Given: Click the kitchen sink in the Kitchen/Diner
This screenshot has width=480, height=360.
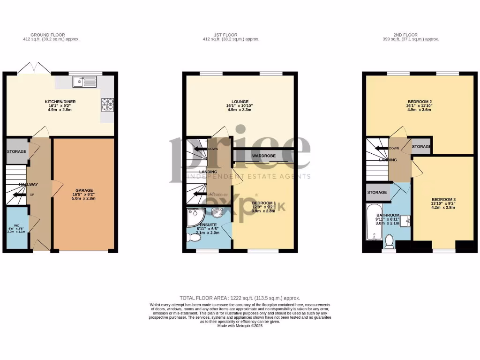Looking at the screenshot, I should [x=84, y=82].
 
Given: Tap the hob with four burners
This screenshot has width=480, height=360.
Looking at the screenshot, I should [x=106, y=104].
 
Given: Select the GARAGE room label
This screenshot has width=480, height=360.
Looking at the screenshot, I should [x=82, y=190].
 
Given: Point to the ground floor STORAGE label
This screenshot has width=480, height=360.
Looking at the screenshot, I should [x=16, y=152].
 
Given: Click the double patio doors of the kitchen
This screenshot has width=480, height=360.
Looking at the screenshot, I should [x=36, y=68].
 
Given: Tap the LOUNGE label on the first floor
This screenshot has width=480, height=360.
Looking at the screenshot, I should [x=240, y=102].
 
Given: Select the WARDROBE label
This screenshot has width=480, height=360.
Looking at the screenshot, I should [x=263, y=156].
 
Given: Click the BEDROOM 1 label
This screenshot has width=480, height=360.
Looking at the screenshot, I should [x=262, y=202].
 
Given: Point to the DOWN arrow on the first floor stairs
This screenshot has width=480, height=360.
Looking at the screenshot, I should [x=200, y=149].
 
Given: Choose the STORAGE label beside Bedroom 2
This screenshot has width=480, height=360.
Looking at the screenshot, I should [x=421, y=147].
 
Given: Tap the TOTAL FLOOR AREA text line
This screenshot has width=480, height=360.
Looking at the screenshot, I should [x=240, y=298].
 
